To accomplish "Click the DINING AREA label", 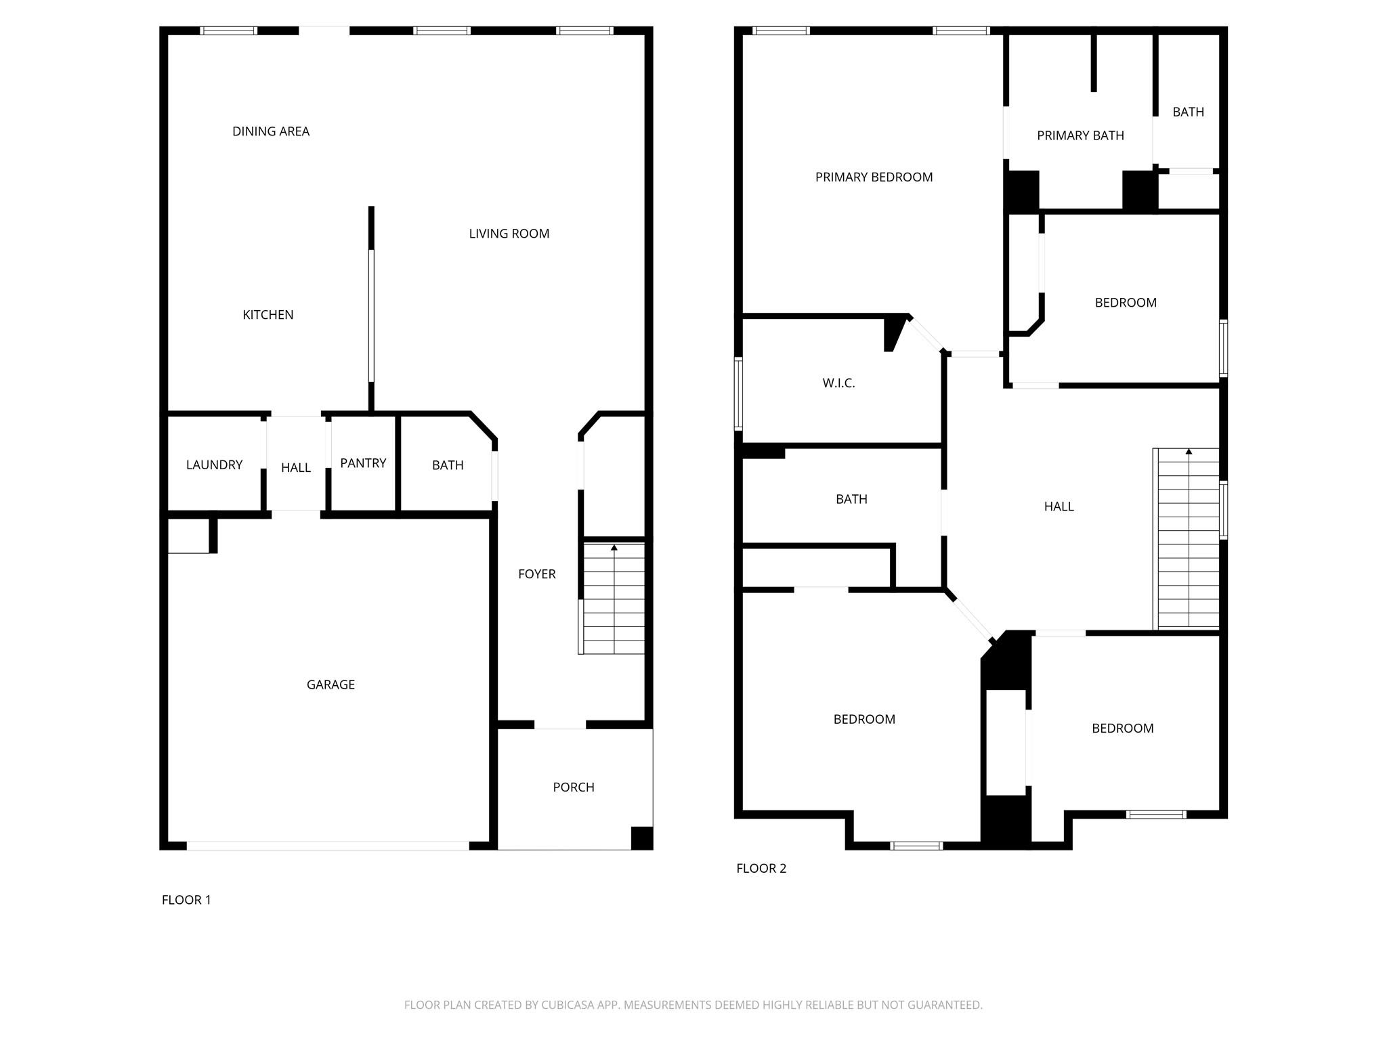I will [x=271, y=131].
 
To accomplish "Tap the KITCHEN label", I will [x=268, y=315].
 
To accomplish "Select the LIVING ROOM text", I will [x=509, y=234].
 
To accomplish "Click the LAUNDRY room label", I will [x=214, y=465].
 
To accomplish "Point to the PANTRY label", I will [x=363, y=463].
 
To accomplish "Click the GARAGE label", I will [x=330, y=685].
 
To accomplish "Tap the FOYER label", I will [x=536, y=574].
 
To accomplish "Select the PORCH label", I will [x=574, y=787].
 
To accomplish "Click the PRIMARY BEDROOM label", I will [x=874, y=177].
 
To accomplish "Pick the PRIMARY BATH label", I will [x=1080, y=136].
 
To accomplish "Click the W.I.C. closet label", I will [x=838, y=383].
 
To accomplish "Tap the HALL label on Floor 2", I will [x=1059, y=506].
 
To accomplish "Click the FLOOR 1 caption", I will [x=186, y=900].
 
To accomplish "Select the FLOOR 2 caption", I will [x=761, y=869].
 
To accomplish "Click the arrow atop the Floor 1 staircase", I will [x=614, y=547].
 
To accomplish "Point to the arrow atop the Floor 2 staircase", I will [x=1189, y=452].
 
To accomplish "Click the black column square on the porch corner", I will [x=641, y=838].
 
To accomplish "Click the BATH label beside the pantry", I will [x=448, y=465].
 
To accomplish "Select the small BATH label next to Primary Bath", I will [x=1188, y=112].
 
